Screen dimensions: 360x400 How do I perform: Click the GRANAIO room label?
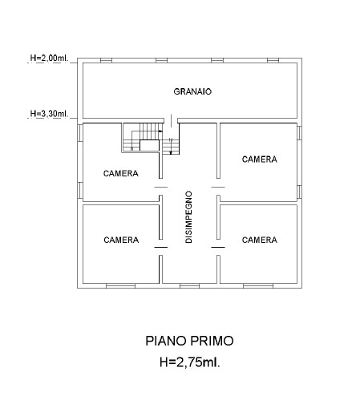click(192, 91)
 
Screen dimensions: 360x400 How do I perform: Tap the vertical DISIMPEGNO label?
click(188, 216)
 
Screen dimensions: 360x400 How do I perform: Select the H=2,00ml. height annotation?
click(49, 58)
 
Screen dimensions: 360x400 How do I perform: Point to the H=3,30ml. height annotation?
click(49, 114)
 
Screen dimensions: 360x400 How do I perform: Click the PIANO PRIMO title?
click(189, 341)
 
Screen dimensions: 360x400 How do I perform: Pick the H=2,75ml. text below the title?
click(190, 362)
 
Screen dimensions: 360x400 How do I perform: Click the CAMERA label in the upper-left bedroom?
click(121, 173)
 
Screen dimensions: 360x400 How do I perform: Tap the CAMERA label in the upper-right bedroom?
click(259, 160)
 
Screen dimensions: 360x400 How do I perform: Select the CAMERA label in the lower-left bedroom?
click(121, 240)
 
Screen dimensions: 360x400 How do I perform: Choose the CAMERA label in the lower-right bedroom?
click(259, 240)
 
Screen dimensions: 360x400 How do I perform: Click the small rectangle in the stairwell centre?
click(150, 145)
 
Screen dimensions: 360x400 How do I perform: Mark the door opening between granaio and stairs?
click(171, 120)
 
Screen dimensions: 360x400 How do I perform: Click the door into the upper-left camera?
click(161, 187)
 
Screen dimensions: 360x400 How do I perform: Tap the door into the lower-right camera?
click(218, 247)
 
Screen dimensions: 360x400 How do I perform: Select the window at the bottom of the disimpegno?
click(189, 286)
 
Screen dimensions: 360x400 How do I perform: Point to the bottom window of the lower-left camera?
click(120, 286)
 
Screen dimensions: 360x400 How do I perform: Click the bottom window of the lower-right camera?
click(258, 286)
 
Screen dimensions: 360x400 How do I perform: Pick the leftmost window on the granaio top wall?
click(106, 60)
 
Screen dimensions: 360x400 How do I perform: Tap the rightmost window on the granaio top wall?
click(273, 60)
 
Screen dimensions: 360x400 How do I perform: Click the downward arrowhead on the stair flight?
click(171, 153)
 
